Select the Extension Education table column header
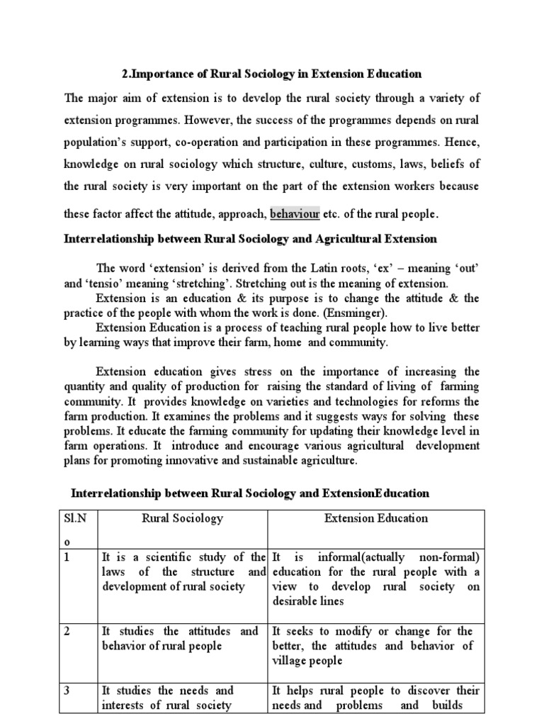click(375, 518)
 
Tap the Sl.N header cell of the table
click(76, 518)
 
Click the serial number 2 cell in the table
click(69, 631)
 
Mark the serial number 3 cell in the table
click(69, 690)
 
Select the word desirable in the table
click(296, 601)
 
